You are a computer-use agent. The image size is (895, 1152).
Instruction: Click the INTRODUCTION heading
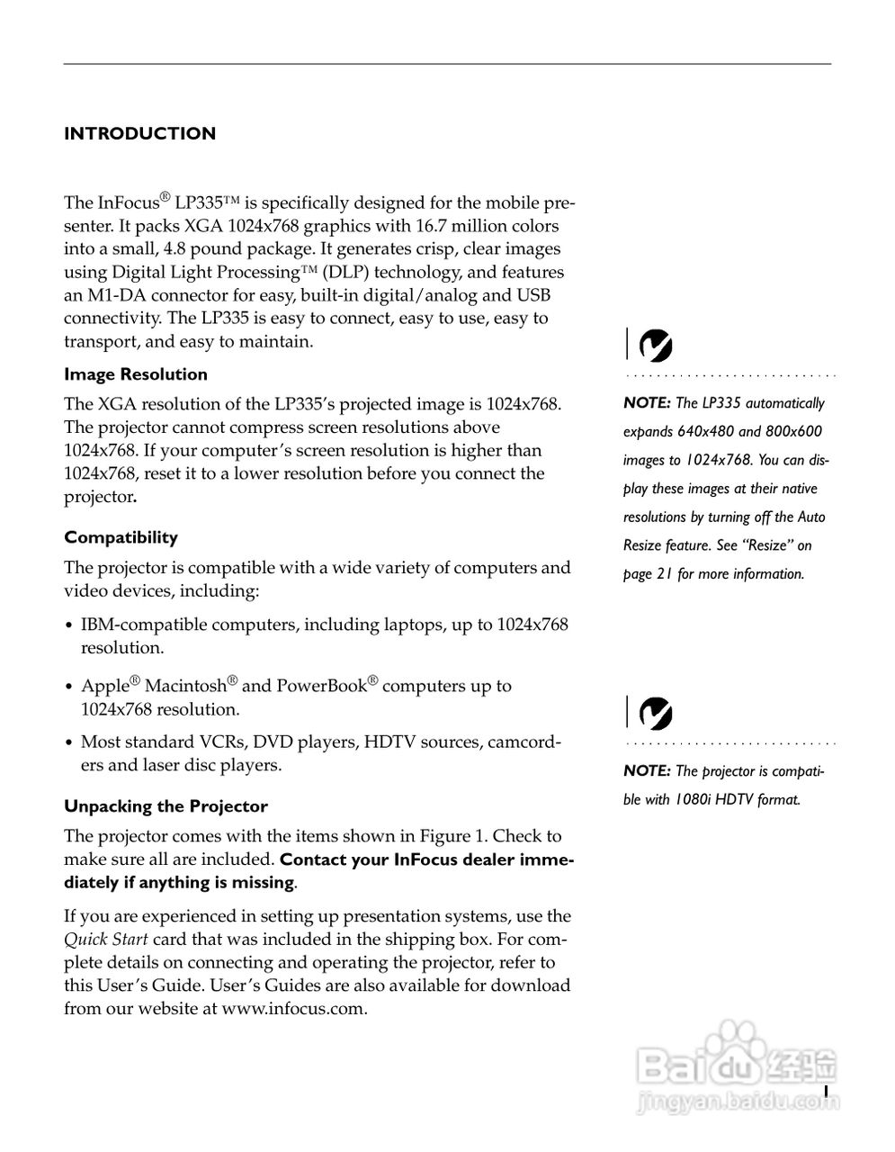coord(139,134)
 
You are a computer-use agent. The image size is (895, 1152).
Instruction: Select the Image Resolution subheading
coord(135,374)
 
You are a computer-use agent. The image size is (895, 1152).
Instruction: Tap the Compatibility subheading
coord(121,537)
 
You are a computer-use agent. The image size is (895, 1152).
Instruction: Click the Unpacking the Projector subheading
coord(166,806)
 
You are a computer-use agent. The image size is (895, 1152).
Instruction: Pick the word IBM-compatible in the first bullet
coord(144,625)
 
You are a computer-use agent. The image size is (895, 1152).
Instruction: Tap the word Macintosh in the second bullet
coord(185,686)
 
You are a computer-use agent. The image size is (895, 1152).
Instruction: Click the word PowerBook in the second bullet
coord(321,686)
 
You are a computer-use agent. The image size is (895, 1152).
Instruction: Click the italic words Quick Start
coord(106,940)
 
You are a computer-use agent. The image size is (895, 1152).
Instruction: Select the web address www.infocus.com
coord(293,1009)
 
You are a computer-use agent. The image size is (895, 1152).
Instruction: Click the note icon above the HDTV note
coord(655,714)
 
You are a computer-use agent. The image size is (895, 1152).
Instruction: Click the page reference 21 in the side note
coord(664,574)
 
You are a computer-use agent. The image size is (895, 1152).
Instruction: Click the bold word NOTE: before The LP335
coord(647,403)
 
